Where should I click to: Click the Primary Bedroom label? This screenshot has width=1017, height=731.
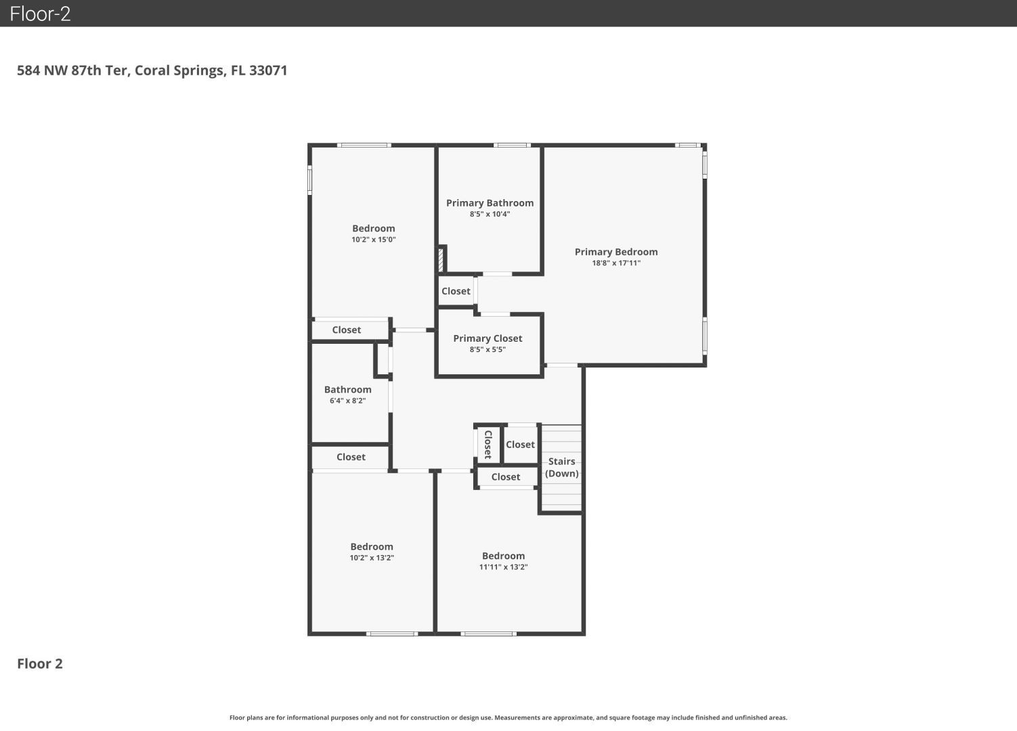(616, 252)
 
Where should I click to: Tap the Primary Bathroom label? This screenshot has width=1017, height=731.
(490, 203)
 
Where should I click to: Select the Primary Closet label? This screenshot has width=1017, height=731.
(488, 338)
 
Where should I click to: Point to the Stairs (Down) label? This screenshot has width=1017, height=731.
(561, 468)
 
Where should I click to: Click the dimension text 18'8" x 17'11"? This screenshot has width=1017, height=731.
(616, 263)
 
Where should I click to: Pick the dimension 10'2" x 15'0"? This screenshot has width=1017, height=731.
(374, 240)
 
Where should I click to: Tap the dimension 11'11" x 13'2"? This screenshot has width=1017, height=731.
(504, 567)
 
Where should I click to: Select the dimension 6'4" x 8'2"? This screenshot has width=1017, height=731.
(348, 401)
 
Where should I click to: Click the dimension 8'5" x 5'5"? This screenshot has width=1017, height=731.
(488, 349)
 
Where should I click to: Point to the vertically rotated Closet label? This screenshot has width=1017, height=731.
(488, 445)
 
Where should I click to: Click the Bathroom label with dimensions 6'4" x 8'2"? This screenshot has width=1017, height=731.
(348, 389)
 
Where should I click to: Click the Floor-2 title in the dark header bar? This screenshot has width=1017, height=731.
(40, 14)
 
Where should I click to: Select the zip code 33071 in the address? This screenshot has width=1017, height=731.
(268, 70)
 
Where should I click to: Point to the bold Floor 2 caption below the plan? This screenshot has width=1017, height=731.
(40, 664)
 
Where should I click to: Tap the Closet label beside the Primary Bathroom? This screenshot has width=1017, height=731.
(456, 291)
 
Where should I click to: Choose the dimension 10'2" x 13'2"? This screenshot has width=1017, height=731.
(372, 558)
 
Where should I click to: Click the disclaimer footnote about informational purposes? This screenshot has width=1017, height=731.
(508, 717)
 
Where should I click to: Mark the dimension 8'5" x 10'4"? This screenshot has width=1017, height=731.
(490, 214)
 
